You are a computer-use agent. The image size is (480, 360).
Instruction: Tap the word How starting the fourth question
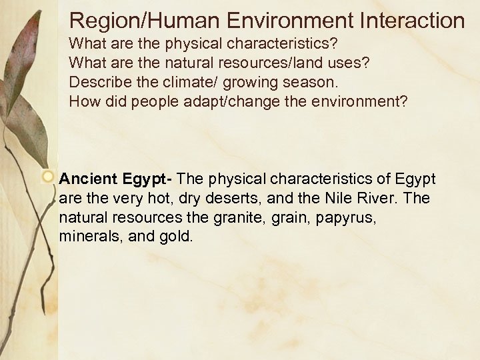click(83, 103)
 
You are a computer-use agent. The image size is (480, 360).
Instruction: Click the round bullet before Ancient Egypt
click(48, 178)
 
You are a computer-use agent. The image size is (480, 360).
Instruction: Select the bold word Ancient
click(88, 179)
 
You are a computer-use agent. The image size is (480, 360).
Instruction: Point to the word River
click(365, 198)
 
